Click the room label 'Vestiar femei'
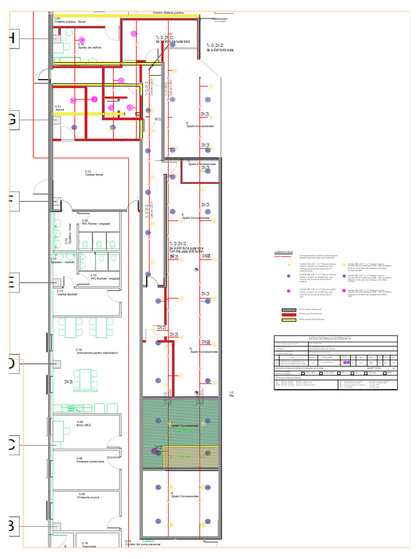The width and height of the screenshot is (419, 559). [94, 175]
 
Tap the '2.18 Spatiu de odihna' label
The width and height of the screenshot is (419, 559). [89, 47]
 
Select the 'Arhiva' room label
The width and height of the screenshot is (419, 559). [59, 110]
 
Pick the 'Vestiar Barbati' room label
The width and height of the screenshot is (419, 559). [67, 294]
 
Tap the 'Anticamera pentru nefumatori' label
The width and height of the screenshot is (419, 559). [97, 353]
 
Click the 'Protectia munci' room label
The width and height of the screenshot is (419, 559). [88, 497]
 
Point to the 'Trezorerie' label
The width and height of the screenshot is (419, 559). [89, 546]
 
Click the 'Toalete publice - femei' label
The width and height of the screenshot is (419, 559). [70, 22]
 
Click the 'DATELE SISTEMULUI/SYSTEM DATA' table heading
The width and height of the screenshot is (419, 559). [336, 338]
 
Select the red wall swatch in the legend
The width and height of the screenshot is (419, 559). [288, 315]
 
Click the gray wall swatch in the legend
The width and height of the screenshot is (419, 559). [288, 310]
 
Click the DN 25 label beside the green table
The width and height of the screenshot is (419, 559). [69, 382]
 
